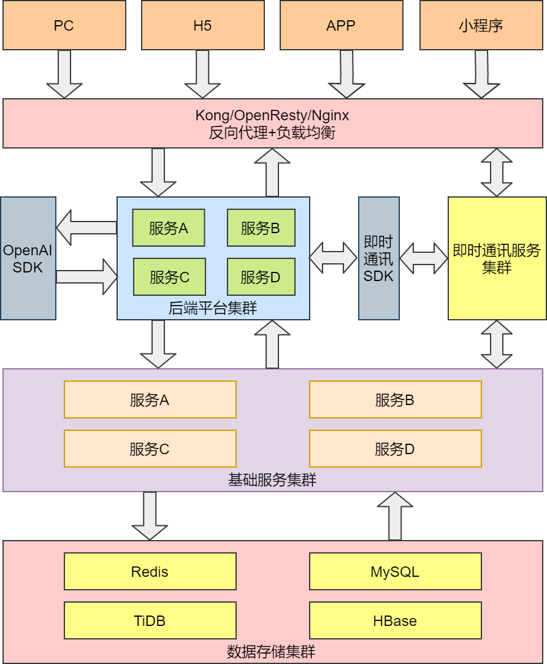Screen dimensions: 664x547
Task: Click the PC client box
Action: point(64,25)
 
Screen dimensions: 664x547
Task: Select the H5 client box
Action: point(202,25)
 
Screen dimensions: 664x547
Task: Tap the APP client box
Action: point(341,25)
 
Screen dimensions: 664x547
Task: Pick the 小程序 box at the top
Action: point(481,25)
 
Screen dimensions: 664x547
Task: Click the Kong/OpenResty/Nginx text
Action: point(272,115)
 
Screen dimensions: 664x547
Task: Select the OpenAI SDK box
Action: point(28,258)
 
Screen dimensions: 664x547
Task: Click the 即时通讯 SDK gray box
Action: point(378,258)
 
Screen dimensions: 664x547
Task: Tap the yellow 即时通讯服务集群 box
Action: point(497,258)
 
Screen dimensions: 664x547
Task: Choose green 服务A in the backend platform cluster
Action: point(169,228)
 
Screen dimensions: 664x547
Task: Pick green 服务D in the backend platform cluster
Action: point(261,277)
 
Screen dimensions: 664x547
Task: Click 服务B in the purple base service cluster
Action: point(395,400)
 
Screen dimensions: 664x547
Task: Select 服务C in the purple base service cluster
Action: point(150,449)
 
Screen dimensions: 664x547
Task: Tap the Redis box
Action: point(150,572)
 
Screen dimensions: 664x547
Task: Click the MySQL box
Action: point(395,572)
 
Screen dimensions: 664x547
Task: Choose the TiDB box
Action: point(150,621)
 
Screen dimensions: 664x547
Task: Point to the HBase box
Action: point(395,621)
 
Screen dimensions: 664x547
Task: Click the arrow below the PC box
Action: point(64,74)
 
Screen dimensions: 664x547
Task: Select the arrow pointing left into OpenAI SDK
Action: point(86,228)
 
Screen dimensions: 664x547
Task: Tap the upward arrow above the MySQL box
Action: point(395,515)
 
